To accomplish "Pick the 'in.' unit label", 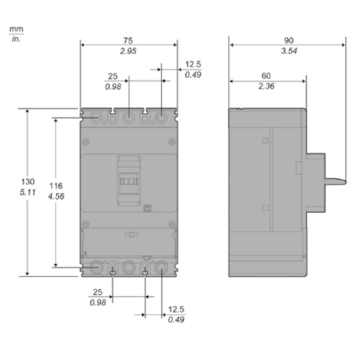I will click(x=16, y=41).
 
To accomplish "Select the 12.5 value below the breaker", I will click(x=176, y=307).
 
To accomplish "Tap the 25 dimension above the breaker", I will click(x=112, y=75).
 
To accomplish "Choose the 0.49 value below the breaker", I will click(x=176, y=319).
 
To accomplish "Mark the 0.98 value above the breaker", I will click(x=112, y=87).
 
